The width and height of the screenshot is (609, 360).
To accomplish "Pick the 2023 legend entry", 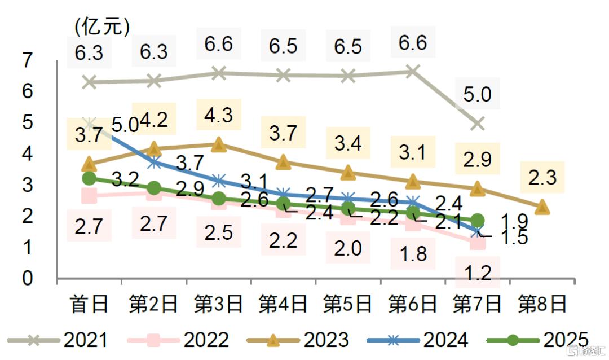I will coord(299,340).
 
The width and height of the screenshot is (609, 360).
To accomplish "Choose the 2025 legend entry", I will coord(539,340).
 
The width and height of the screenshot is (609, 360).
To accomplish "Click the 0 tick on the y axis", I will coord(27,278).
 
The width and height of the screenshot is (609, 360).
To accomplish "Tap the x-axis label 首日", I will coord(89,304).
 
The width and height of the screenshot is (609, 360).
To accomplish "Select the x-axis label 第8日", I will coord(542,304).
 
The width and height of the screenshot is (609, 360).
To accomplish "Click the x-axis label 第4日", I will coord(283,304).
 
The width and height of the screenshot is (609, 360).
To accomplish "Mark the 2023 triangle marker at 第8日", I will coord(542,207).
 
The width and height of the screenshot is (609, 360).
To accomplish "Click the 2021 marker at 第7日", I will coord(478,123).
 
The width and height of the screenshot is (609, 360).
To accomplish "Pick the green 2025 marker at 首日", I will coord(89,178).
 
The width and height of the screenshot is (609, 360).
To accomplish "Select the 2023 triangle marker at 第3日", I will coord(219,145).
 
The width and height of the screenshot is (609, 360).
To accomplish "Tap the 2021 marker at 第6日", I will coord(413,71).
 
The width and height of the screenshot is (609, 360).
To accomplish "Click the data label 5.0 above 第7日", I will coord(478,94).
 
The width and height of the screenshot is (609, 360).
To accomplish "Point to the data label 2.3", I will coord(542,178).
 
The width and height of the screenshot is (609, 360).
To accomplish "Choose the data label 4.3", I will coord(219,115).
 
